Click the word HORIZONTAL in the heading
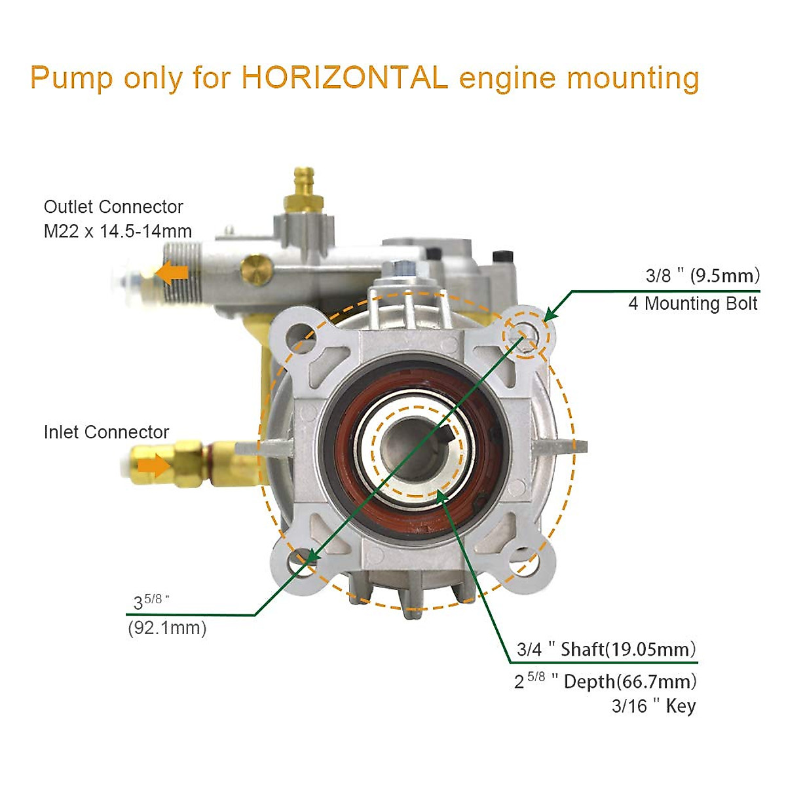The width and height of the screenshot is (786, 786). pyautogui.click(x=345, y=78)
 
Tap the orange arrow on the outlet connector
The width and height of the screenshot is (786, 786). pyautogui.click(x=174, y=272)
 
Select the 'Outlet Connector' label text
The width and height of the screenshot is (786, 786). pyautogui.click(x=113, y=207)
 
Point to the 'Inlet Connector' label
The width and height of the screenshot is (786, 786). pyautogui.click(x=106, y=432)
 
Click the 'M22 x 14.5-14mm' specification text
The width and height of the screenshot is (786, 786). pyautogui.click(x=118, y=231)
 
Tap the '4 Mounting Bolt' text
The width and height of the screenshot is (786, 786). pyautogui.click(x=693, y=304)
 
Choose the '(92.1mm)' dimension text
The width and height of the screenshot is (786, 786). pyautogui.click(x=167, y=628)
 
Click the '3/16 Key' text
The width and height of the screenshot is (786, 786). pyautogui.click(x=653, y=706)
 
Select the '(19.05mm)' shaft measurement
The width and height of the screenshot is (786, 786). pyautogui.click(x=650, y=650)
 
